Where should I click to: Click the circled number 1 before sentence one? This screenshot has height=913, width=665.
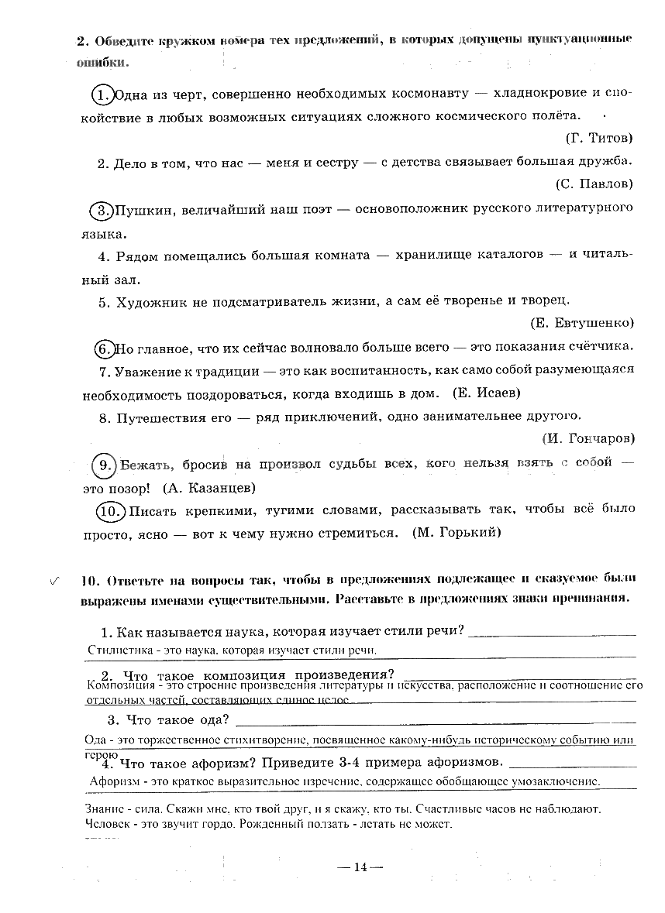click(102, 94)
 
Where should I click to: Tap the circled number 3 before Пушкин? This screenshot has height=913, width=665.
click(102, 209)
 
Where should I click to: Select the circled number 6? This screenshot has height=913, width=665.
click(105, 348)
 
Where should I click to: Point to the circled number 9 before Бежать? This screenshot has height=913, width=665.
click(103, 465)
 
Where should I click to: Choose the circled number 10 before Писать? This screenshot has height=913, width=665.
click(110, 511)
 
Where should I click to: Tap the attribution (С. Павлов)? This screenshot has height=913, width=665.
click(594, 184)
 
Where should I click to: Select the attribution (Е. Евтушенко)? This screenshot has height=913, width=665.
click(582, 323)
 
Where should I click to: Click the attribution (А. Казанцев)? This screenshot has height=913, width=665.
click(208, 489)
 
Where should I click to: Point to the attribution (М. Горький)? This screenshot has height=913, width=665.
click(457, 533)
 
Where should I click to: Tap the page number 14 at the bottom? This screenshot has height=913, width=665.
click(360, 867)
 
